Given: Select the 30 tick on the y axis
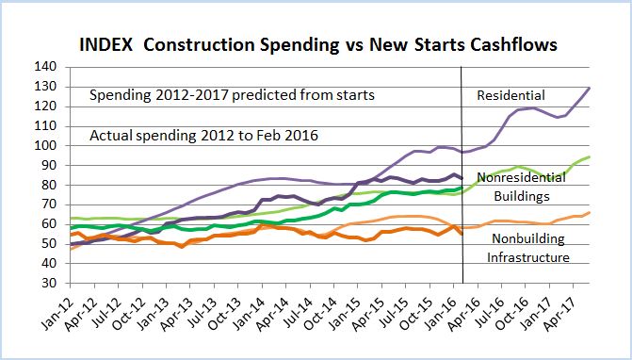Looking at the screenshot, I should (44, 283).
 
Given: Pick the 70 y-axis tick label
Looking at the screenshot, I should (44, 205).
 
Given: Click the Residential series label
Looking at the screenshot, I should (511, 96).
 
